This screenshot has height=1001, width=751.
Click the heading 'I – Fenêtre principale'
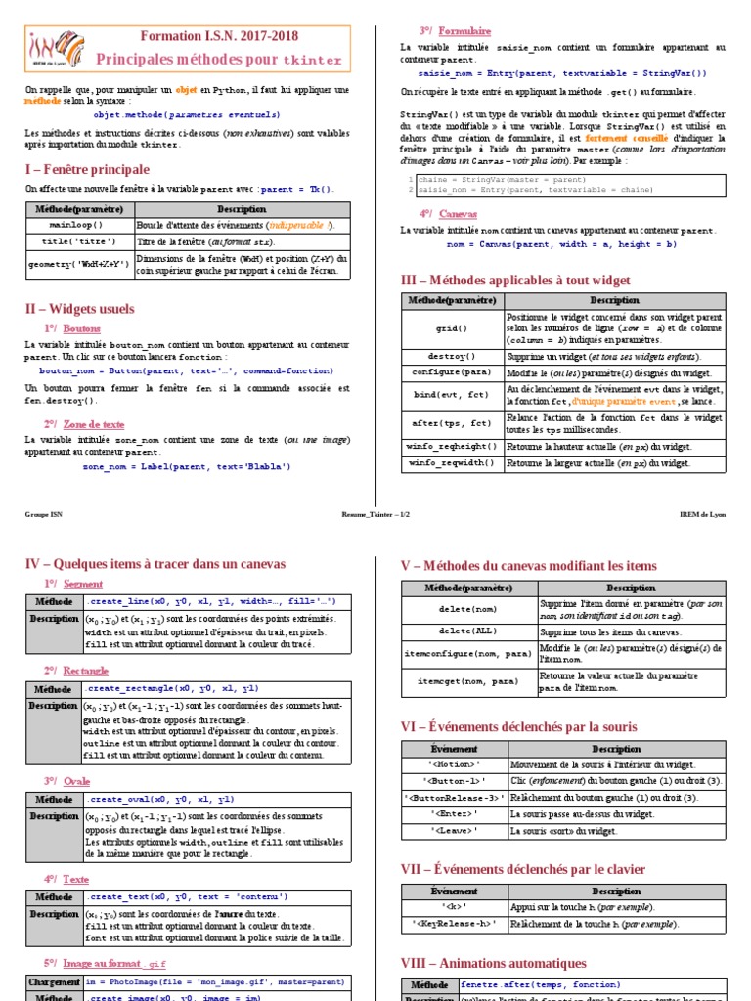tap(87, 169)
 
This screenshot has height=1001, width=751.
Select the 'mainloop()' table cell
tap(80, 225)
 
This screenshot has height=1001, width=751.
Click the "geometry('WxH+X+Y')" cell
tap(80, 264)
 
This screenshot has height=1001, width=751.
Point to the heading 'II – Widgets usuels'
tap(79, 309)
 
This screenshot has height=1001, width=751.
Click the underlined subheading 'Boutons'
tap(82, 329)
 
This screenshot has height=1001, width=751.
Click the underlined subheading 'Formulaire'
tap(464, 31)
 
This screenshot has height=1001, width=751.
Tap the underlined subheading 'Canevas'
tap(459, 214)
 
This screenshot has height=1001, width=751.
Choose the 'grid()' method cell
tap(452, 329)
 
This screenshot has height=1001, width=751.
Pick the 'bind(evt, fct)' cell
tap(452, 396)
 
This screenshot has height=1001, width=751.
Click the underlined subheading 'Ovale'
tap(76, 781)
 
